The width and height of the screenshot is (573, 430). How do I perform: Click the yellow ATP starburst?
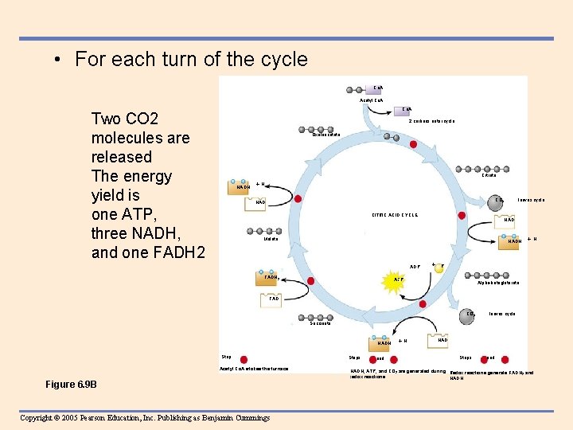point(399,279)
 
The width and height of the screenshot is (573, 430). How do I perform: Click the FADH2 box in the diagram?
point(267,278)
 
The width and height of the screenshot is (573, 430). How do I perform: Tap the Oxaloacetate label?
point(326,135)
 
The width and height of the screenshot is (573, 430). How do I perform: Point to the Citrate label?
point(489,175)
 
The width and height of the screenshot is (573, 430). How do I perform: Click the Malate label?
point(271,239)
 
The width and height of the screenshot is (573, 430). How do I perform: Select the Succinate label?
point(320,322)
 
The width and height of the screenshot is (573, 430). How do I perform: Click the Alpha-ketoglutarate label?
point(498,283)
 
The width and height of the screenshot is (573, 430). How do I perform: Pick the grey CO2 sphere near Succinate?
point(470,315)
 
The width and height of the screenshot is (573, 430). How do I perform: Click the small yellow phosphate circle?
point(439,268)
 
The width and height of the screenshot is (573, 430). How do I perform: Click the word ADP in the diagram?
point(415,266)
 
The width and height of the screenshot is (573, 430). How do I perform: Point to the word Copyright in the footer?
point(40,417)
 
